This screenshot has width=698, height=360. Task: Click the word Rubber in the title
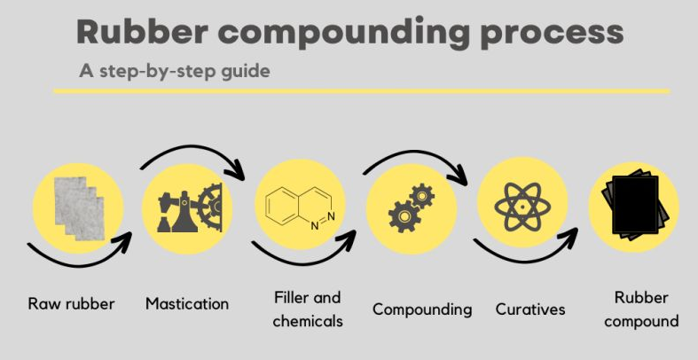click(x=143, y=31)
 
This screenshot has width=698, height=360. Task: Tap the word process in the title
click(x=552, y=35)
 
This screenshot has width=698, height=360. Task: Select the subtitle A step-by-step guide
click(x=175, y=71)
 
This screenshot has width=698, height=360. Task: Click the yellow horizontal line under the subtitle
click(x=362, y=91)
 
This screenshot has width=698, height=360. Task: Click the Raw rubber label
click(x=71, y=304)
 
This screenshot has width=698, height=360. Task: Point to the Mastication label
click(x=187, y=304)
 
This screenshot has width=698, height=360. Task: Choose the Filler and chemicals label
click(x=308, y=309)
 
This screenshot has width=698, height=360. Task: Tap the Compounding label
click(x=422, y=309)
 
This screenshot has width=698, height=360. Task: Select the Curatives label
click(x=530, y=309)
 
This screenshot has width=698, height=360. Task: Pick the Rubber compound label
click(x=641, y=309)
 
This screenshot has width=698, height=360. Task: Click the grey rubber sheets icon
click(x=80, y=207)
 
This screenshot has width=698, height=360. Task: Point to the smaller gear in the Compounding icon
click(x=421, y=195)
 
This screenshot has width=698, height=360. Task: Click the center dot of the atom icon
click(x=522, y=207)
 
